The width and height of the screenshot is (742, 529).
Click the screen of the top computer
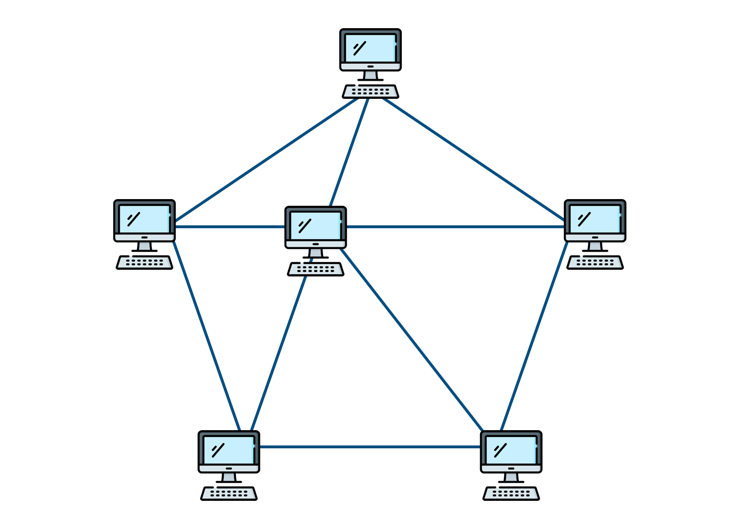coord(370,48)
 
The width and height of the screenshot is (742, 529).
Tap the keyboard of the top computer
coord(371,92)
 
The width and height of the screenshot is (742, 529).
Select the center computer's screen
coord(315,225)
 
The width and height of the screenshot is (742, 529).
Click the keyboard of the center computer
coord(316,269)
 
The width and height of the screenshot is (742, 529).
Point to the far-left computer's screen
coord(144,219)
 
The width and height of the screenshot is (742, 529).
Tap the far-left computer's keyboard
coord(144,263)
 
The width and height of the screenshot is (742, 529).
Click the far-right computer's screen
coord(595,219)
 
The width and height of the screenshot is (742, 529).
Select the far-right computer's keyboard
coord(595,263)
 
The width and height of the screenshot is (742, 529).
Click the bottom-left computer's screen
coord(228,450)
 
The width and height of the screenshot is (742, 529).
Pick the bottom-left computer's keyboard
coord(229,494)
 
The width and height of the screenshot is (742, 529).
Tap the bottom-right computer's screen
coord(511,450)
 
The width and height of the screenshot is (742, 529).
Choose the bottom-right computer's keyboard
coord(511,494)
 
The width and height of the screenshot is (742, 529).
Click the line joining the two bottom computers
coord(370,447)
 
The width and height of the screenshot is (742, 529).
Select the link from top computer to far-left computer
coord(267,160)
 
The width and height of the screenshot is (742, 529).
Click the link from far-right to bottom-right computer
coord(534,337)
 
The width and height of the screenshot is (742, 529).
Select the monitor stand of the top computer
coord(371,75)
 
